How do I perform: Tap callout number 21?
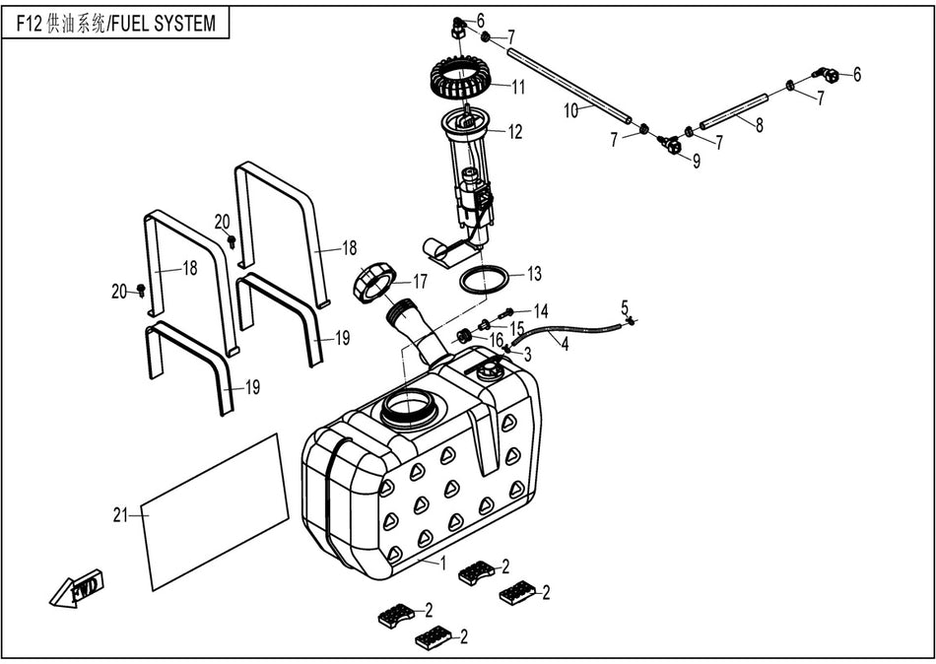(120, 513)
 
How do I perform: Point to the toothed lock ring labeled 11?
(461, 79)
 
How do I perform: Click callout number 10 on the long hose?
(571, 111)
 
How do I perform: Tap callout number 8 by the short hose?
(759, 126)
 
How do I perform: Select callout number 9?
(696, 162)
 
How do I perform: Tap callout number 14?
(541, 310)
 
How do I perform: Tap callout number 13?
(533, 273)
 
